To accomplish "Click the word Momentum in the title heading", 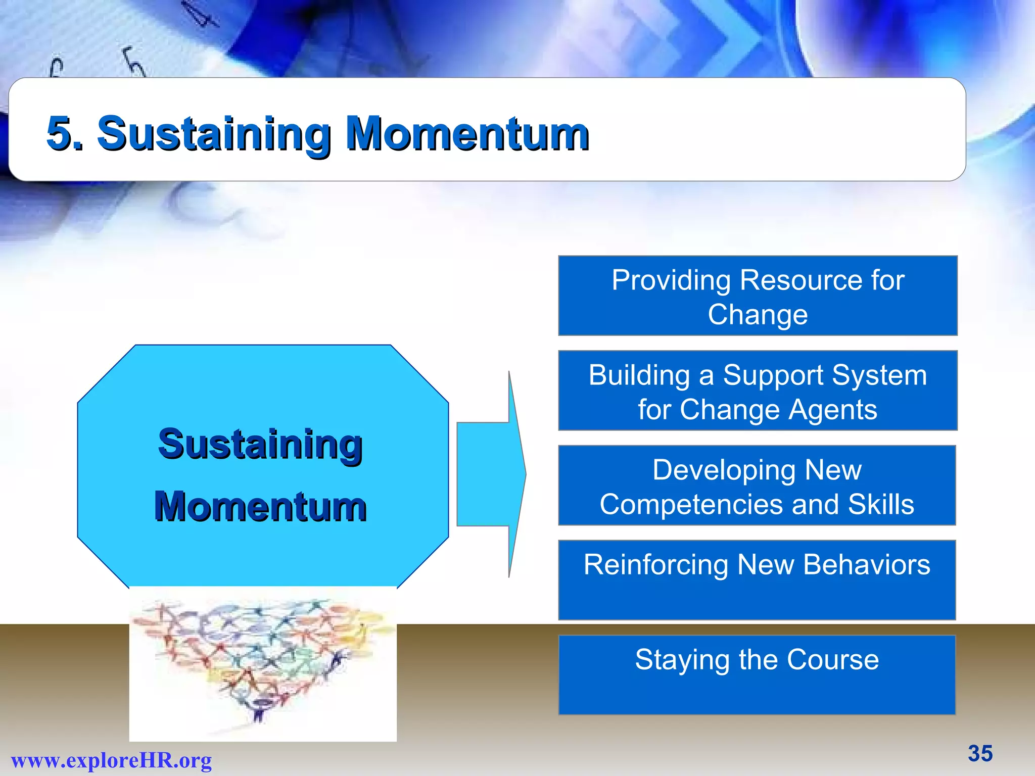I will (x=467, y=133).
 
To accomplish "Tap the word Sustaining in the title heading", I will (x=214, y=133).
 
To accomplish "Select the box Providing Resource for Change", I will (x=758, y=296).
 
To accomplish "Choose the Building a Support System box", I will (x=758, y=391).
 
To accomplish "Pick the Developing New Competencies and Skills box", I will (x=757, y=485).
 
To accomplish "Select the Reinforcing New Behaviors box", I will (x=757, y=580).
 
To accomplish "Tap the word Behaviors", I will (x=866, y=565).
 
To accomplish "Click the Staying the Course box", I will (x=757, y=675).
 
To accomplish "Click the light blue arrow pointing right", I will (x=490, y=474).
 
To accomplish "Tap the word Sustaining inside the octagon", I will (x=260, y=444).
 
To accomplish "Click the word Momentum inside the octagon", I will (x=260, y=507).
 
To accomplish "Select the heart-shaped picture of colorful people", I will (x=263, y=662).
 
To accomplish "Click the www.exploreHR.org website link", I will (x=111, y=760).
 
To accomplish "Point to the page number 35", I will (x=980, y=753).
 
